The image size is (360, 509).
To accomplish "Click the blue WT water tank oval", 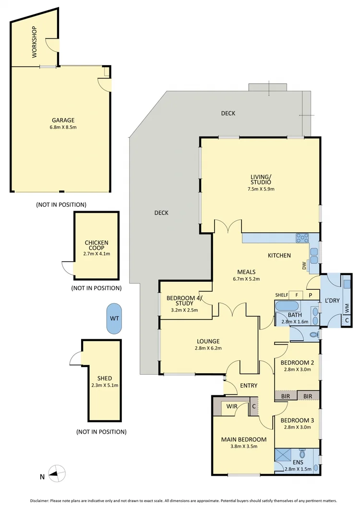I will click(114, 318).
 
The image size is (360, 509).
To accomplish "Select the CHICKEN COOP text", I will click(96, 246).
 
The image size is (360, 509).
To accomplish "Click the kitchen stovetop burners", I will click(303, 238).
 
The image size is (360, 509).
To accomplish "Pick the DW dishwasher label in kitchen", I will click(304, 265).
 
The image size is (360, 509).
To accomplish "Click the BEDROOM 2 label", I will click(297, 362).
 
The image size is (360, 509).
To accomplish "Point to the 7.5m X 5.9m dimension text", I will click(261, 189).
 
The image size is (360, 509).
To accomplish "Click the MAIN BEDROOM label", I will click(243, 439).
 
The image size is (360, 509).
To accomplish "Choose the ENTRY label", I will click(249, 385).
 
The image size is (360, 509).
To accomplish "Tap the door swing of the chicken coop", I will click(67, 269).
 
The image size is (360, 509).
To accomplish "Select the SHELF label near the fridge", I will click(281, 295).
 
